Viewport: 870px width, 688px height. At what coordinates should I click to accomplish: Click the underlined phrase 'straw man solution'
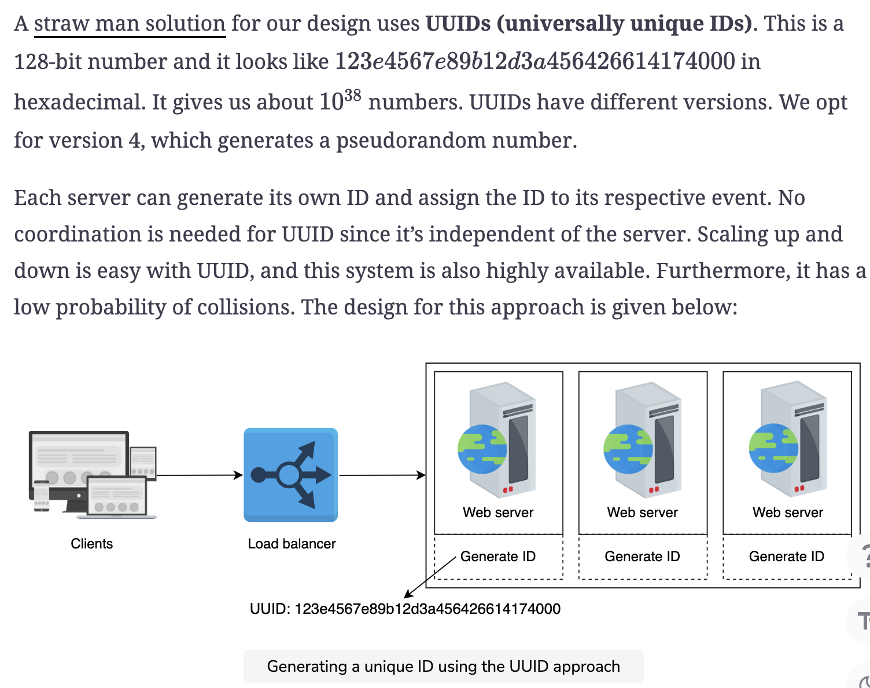[x=130, y=24]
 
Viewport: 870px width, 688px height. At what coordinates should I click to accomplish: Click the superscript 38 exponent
[x=352, y=96]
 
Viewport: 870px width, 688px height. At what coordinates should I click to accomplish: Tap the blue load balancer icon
[x=290, y=475]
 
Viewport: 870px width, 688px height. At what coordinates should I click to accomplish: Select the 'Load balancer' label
[x=292, y=544]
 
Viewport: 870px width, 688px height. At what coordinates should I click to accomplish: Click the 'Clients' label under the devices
[x=92, y=544]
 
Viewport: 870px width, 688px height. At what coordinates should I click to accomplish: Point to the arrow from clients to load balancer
[x=200, y=475]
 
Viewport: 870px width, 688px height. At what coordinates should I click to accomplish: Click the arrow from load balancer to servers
[x=382, y=475]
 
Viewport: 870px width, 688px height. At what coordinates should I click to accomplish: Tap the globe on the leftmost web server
[x=482, y=449]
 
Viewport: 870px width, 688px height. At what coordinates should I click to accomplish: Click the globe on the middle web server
[x=628, y=449]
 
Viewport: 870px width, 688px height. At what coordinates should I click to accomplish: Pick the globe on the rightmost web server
[x=773, y=448]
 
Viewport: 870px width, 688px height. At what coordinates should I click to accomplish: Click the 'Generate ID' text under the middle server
[x=643, y=557]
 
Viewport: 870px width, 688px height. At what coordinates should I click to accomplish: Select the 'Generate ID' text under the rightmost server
[x=787, y=557]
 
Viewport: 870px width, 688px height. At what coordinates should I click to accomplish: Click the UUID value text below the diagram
[x=405, y=609]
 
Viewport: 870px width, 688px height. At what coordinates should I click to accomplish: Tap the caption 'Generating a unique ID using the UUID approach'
[x=444, y=667]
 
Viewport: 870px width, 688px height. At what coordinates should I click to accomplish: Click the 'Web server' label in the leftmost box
[x=498, y=513]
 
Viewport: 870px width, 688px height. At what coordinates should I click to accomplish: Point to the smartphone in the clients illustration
[x=42, y=496]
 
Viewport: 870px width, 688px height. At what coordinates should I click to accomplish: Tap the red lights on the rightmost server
[x=799, y=488]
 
